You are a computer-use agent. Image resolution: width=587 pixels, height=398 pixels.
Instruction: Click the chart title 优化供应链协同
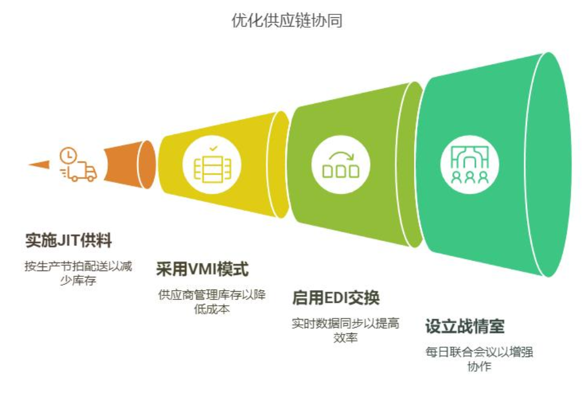click(287, 21)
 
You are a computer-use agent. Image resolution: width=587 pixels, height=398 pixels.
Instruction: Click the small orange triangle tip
click(39, 164)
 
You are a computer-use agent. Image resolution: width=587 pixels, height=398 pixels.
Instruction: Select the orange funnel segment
click(130, 164)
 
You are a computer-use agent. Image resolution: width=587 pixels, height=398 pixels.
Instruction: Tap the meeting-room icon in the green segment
click(470, 165)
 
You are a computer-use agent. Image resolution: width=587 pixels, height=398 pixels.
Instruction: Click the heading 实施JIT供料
click(69, 241)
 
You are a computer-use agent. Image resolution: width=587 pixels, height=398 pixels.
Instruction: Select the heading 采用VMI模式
click(202, 269)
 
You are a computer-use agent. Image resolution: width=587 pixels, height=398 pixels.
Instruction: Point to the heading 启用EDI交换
click(336, 298)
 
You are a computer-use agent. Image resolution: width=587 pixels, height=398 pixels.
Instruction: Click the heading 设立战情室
click(465, 326)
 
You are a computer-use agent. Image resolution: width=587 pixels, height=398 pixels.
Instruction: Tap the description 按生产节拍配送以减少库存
click(78, 273)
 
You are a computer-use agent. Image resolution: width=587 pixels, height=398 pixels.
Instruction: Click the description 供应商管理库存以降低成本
click(212, 302)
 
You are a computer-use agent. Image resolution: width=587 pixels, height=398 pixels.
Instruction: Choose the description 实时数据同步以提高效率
click(345, 331)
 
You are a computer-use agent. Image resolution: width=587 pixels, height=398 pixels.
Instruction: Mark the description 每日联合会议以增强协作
click(479, 359)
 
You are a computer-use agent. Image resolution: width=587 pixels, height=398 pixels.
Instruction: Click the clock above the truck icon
click(68, 156)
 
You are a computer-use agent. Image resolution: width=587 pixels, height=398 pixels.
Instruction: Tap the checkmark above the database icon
click(213, 149)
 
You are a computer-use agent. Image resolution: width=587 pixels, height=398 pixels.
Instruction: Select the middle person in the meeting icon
click(470, 178)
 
